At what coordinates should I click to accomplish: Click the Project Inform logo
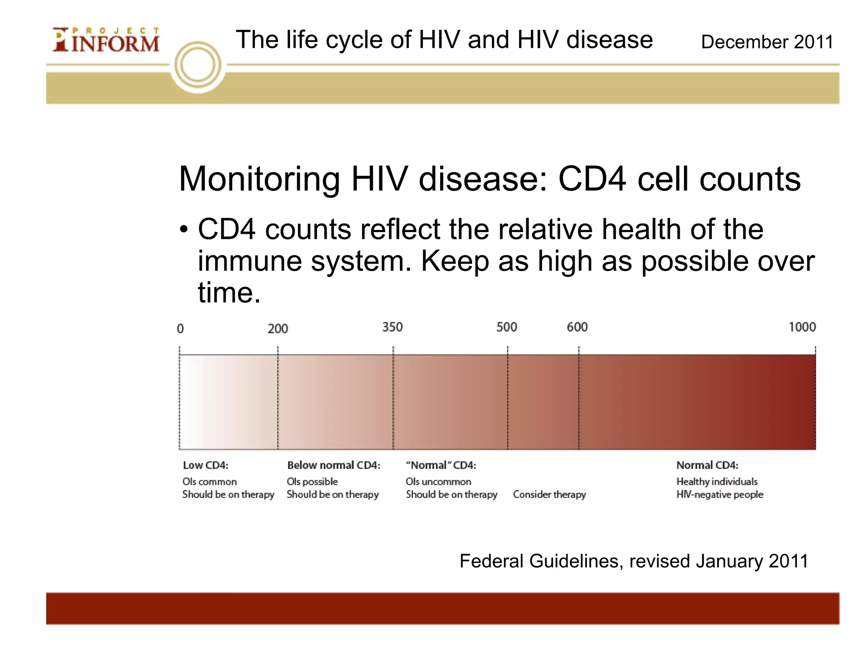(x=106, y=40)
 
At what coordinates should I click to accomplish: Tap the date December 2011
(x=767, y=42)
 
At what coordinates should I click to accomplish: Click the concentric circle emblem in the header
(x=198, y=66)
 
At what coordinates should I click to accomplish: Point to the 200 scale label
(x=277, y=328)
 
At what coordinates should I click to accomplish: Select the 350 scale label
(x=392, y=327)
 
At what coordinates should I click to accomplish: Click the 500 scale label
(x=507, y=327)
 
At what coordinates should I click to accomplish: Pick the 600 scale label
(x=577, y=327)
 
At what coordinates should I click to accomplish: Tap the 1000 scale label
(x=802, y=327)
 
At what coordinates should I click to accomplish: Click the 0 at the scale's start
(x=180, y=328)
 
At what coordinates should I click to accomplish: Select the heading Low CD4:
(x=206, y=465)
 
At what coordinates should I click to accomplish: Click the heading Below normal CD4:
(x=333, y=465)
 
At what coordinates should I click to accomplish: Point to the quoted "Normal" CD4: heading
(x=441, y=465)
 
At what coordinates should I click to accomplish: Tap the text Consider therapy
(x=549, y=495)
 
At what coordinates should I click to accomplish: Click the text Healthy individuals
(x=717, y=482)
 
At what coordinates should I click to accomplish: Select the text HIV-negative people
(x=719, y=495)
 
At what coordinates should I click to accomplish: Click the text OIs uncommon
(x=438, y=482)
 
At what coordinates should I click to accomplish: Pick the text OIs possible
(x=312, y=482)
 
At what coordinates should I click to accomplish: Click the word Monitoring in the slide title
(x=259, y=179)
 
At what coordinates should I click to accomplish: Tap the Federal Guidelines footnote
(x=634, y=561)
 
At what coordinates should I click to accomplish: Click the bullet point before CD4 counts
(x=184, y=230)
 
